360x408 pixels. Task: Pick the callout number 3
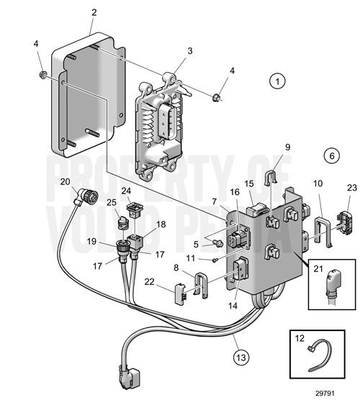point(189,51)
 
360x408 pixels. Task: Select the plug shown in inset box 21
point(332,287)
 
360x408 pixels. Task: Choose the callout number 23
point(352,189)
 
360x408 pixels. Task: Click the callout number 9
point(287,148)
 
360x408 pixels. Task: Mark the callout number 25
point(112,201)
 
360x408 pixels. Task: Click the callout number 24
point(126,191)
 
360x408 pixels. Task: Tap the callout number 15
point(250,185)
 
